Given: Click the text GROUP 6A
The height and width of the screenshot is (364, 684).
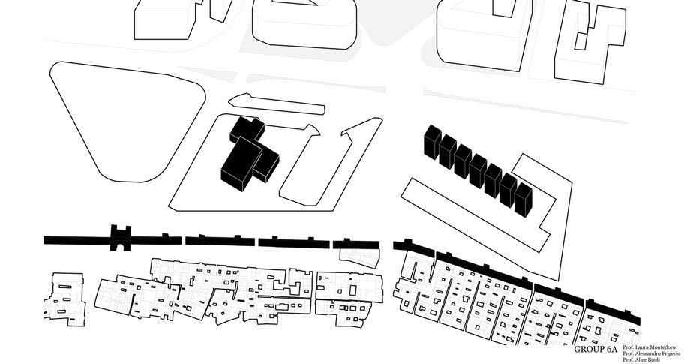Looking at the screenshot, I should [x=595, y=350].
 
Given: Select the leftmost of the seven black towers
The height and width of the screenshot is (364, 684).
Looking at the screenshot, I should [x=431, y=142].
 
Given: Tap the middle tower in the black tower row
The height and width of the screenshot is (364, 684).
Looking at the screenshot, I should [x=478, y=170].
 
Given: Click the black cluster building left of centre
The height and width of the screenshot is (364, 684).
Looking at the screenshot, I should [x=247, y=154].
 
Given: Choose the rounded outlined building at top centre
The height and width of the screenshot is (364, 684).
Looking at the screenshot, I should [x=304, y=23].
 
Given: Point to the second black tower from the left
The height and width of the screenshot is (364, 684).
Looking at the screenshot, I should [x=447, y=151].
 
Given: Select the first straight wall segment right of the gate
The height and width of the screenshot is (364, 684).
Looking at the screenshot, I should [x=157, y=239].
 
